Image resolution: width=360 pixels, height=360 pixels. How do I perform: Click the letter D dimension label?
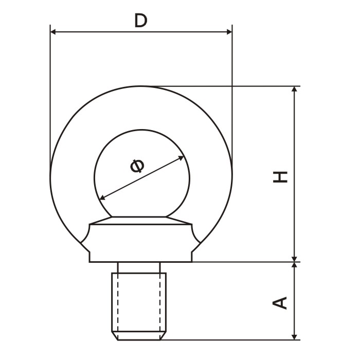[x=141, y=21]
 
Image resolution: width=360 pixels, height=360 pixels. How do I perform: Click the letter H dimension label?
[x=280, y=177]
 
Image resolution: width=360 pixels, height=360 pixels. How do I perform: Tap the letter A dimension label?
[x=280, y=303]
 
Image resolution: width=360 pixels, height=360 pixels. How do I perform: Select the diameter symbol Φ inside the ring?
[x=137, y=166]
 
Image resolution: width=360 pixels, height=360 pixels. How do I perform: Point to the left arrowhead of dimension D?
[x=53, y=32]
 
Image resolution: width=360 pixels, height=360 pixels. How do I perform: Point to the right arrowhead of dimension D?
[x=229, y=32]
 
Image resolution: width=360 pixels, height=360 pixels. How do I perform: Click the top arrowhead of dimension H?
[x=294, y=89]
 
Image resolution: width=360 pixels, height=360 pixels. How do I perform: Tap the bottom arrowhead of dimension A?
[x=294, y=337]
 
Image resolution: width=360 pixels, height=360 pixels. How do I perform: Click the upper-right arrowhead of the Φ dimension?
[x=181, y=158]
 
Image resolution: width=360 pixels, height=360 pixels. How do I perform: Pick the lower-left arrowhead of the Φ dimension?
[x=103, y=197]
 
